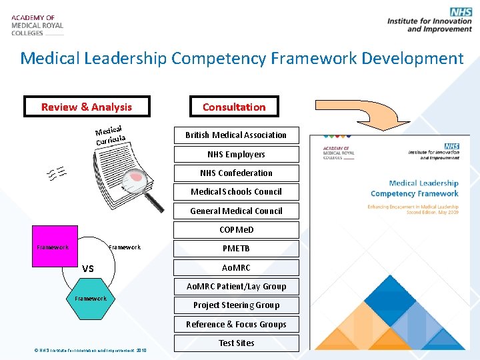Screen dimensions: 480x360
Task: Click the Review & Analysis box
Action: (87, 107)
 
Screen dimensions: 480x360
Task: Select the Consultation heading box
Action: (234, 107)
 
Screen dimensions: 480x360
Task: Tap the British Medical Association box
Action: (236, 135)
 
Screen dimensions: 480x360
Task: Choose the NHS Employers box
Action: (236, 154)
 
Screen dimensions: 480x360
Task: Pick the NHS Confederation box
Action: (236, 173)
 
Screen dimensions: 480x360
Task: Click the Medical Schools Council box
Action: (236, 191)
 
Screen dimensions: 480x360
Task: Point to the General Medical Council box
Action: (236, 211)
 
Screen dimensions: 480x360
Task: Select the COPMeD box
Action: (236, 229)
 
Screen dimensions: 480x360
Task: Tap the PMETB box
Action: (236, 248)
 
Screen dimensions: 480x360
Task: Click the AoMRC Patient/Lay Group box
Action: (236, 286)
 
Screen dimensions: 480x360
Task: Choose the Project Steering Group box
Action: (236, 305)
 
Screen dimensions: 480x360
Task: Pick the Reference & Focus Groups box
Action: (236, 324)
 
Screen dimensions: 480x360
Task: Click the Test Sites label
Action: (236, 343)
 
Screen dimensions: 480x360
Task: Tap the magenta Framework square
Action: (53, 248)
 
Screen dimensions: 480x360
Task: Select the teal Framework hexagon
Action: (91, 299)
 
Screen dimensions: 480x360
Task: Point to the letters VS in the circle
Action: (87, 268)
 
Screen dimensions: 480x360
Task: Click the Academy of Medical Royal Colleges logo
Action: (37, 25)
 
